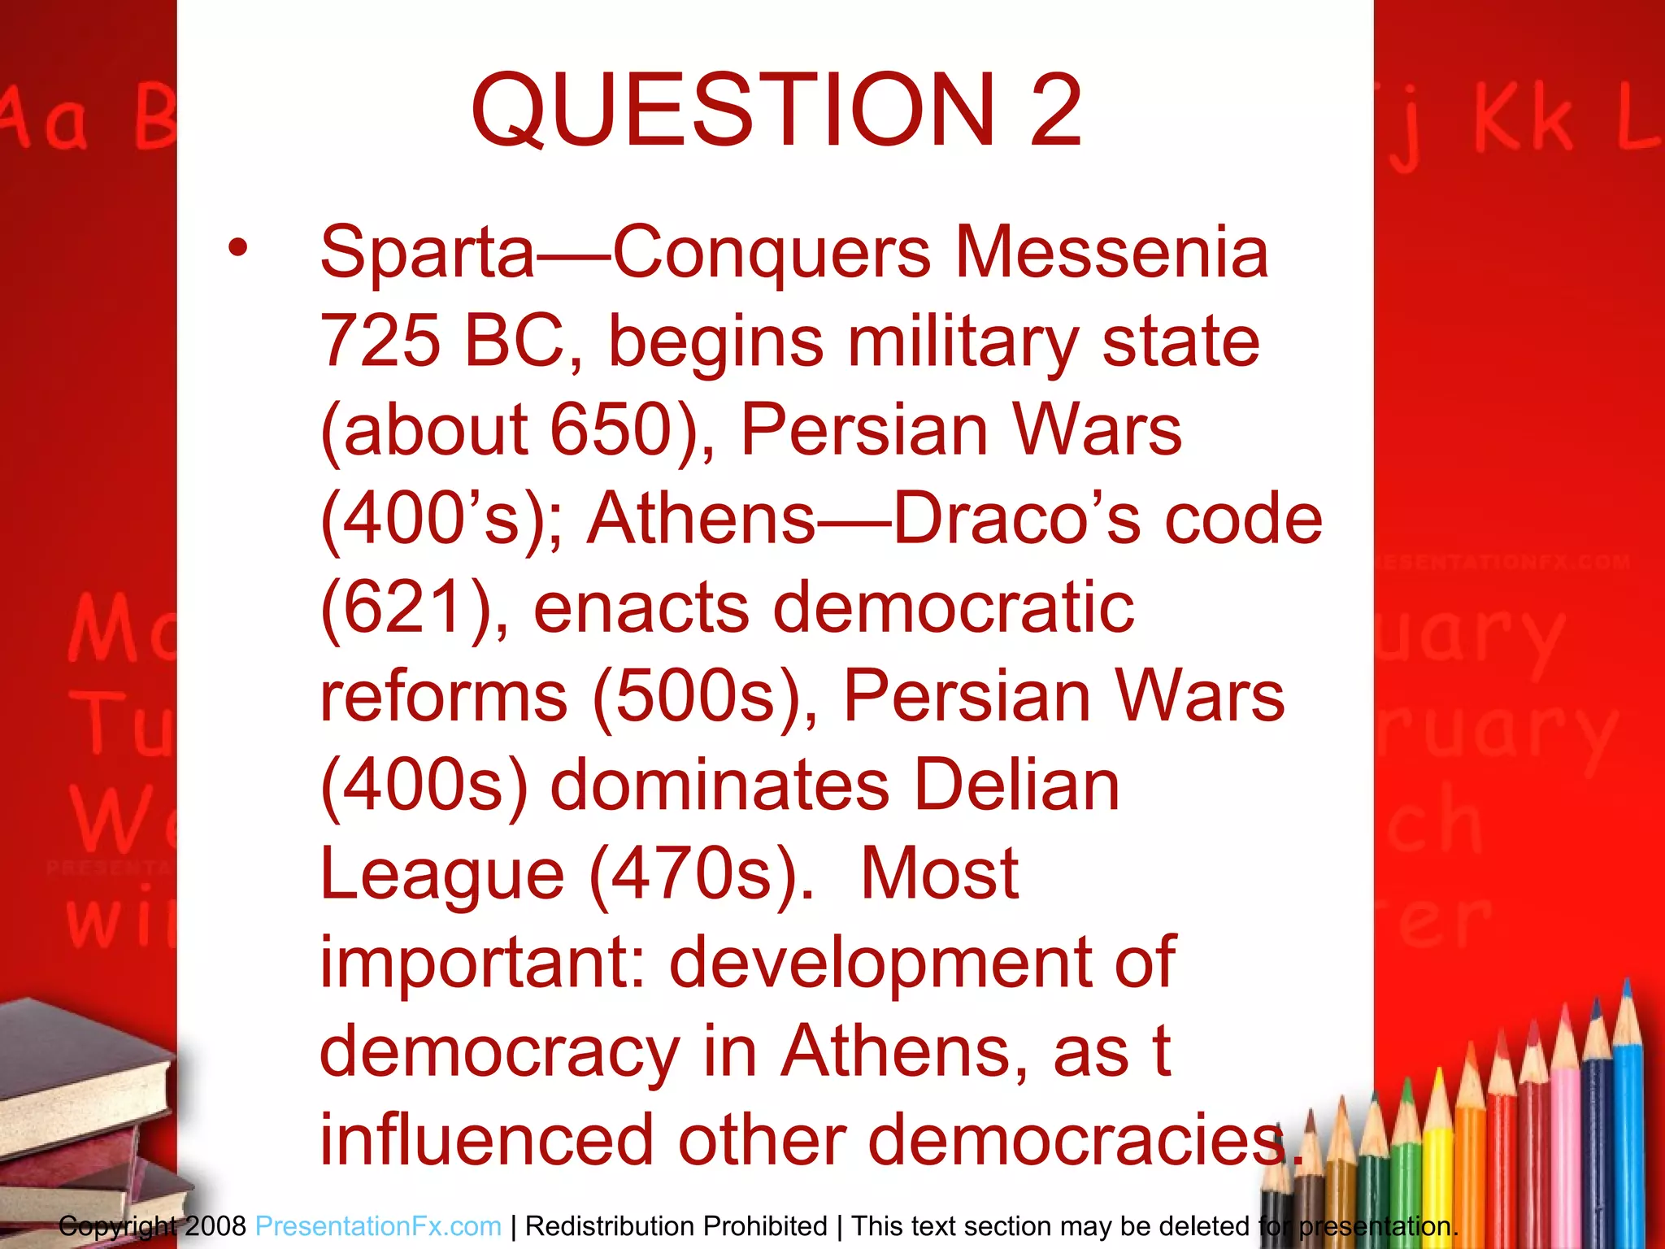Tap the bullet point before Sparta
click(237, 248)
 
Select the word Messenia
click(1111, 253)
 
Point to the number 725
click(380, 342)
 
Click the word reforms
click(443, 697)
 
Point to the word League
click(441, 875)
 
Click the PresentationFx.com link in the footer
click(378, 1225)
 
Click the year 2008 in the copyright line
click(215, 1225)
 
